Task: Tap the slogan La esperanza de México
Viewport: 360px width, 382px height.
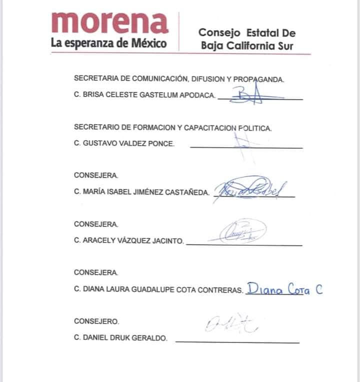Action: point(108,43)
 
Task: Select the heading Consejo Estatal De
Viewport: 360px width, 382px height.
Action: point(247,33)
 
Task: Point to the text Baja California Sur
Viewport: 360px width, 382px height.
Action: point(247,46)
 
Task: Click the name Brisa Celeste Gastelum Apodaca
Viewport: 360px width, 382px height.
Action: point(145,95)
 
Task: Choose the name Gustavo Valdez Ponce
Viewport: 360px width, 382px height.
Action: point(124,144)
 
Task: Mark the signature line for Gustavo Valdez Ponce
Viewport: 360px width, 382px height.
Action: point(246,148)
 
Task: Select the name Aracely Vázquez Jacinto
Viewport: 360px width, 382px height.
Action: point(128,241)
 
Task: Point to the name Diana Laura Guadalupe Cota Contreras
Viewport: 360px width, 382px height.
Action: point(158,290)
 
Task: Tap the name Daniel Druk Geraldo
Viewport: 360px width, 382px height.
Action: point(120,338)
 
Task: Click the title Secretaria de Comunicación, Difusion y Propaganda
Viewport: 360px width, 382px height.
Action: point(179,79)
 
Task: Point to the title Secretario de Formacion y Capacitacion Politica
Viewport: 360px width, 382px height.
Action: point(172,128)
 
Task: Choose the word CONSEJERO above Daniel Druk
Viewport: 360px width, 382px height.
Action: point(96,321)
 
